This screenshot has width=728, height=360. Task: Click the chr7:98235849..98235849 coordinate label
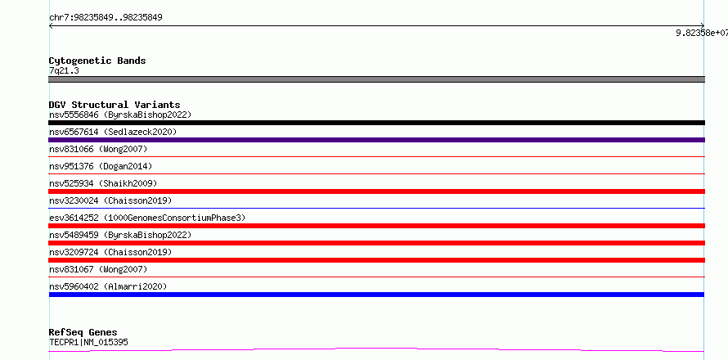click(106, 18)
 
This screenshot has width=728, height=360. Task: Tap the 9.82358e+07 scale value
click(702, 33)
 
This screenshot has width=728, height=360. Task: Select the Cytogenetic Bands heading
click(97, 61)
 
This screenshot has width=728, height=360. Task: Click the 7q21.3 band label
click(64, 70)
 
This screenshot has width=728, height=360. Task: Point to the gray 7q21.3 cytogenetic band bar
click(376, 79)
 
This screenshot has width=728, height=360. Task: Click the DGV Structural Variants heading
click(115, 105)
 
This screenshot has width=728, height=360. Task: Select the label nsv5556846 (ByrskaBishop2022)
click(120, 115)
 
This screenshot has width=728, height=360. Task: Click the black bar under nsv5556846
click(376, 123)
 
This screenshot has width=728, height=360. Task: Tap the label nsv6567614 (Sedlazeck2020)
click(113, 132)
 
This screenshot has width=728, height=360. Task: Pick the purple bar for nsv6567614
click(376, 140)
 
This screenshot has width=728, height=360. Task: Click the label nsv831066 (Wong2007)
click(98, 149)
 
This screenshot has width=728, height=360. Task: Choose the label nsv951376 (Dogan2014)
click(101, 166)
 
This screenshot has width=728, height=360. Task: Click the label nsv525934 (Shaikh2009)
click(103, 183)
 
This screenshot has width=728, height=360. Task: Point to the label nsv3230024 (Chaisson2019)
click(110, 200)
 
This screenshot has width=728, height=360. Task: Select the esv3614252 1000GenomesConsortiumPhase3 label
click(147, 218)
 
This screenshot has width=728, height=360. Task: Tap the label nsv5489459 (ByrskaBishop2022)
click(120, 235)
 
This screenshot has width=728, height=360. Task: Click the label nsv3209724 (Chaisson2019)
click(110, 252)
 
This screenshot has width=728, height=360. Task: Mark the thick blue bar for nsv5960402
click(376, 295)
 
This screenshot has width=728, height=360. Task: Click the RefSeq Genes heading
click(83, 333)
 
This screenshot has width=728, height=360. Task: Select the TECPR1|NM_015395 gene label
click(88, 342)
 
